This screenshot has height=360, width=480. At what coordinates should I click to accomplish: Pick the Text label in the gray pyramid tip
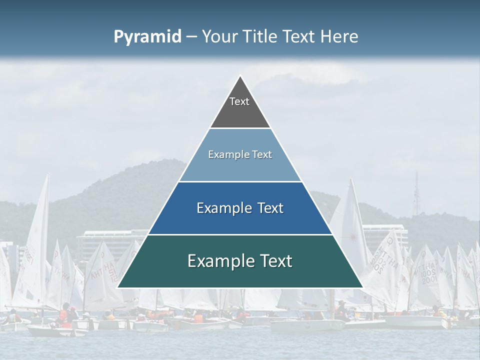pyautogui.click(x=239, y=101)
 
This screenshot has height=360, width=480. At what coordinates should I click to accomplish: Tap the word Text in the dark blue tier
pyautogui.click(x=270, y=208)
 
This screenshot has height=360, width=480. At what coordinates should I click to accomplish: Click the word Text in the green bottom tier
pyautogui.click(x=276, y=261)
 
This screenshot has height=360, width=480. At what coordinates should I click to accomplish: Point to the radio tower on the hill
pyautogui.click(x=416, y=195)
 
